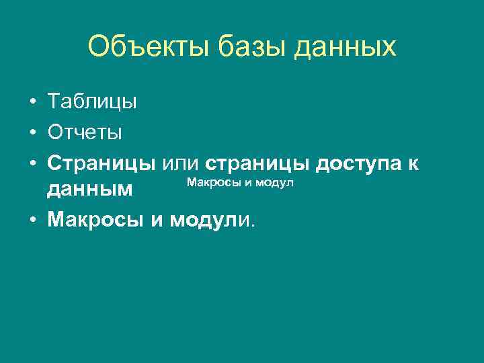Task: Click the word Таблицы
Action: pos(92,102)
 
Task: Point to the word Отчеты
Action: pos(85,132)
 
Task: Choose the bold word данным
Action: pos(89,190)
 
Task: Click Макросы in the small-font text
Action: pos(210,182)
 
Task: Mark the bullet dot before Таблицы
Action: pos(32,103)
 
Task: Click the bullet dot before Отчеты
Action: pos(32,132)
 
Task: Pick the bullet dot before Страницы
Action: pos(32,163)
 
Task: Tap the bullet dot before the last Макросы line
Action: pos(32,220)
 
